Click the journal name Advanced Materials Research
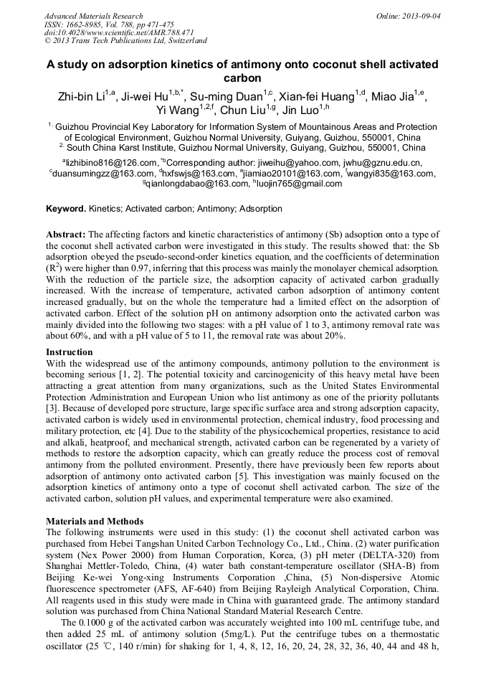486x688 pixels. coord(93,16)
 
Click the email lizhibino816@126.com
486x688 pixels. coord(111,163)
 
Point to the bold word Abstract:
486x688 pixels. coord(66,235)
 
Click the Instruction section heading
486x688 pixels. coord(70,352)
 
